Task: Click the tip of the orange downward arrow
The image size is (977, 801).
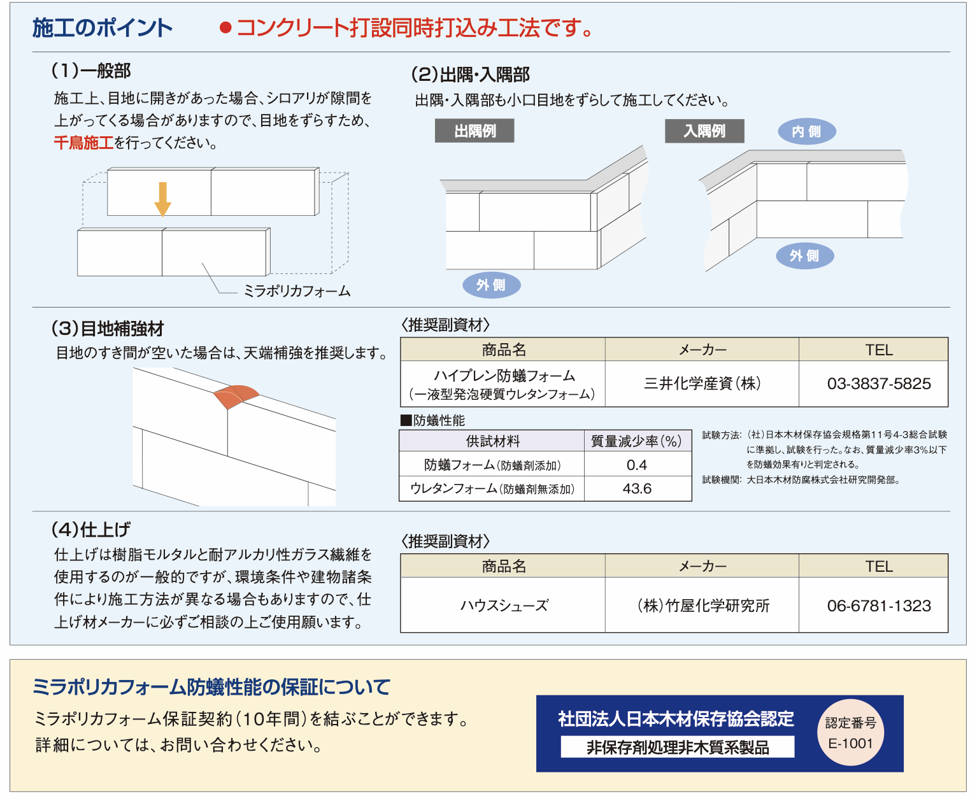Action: click(x=162, y=216)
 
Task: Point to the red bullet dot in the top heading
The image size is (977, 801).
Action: click(x=225, y=28)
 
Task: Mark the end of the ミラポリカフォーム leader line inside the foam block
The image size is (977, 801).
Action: click(x=202, y=263)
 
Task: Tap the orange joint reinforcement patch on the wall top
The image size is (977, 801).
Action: click(x=236, y=396)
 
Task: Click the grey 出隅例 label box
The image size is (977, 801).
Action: click(x=474, y=131)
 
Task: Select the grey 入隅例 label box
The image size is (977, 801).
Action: click(x=704, y=131)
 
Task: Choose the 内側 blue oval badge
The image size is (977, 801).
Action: click(x=806, y=132)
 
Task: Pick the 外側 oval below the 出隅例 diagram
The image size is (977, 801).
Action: click(x=492, y=285)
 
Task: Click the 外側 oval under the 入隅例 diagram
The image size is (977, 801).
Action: click(x=805, y=256)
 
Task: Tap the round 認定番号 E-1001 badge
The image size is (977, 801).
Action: click(x=850, y=732)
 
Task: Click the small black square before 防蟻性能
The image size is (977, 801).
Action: click(x=406, y=420)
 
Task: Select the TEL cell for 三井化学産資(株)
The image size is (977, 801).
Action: click(x=873, y=383)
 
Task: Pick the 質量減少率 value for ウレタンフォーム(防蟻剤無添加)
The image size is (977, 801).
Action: click(x=638, y=489)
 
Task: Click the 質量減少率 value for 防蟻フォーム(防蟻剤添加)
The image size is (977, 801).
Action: click(x=638, y=464)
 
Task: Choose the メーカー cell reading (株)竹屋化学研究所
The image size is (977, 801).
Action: click(x=702, y=605)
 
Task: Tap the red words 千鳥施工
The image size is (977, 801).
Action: click(x=84, y=143)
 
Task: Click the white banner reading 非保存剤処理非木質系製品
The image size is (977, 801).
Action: click(x=677, y=747)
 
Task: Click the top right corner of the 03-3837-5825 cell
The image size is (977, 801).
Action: click(x=948, y=361)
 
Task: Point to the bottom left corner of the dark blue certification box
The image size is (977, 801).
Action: click(x=536, y=772)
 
